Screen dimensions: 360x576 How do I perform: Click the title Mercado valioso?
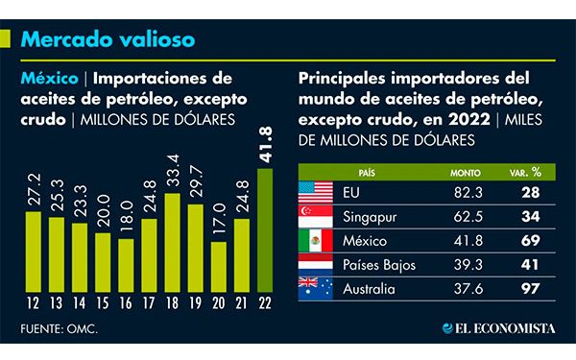pyautogui.click(x=108, y=39)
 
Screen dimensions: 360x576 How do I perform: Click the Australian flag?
pyautogui.click(x=316, y=285)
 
